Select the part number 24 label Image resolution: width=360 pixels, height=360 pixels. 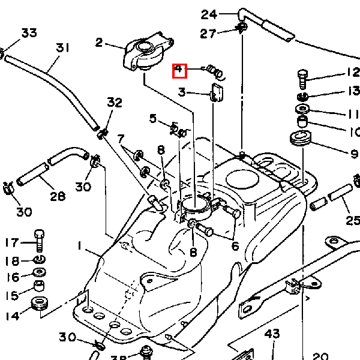(208, 14)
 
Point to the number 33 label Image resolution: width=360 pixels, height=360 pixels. (29, 32)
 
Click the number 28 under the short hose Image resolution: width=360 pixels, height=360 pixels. (58, 197)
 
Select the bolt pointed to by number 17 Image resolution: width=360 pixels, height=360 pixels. (40, 241)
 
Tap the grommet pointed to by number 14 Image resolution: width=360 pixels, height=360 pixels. (40, 304)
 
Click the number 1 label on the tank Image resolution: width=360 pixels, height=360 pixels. (79, 245)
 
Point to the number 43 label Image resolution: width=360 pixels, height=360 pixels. (272, 334)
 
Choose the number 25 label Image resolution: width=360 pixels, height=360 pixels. (353, 221)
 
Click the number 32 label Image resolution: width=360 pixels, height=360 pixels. (115, 103)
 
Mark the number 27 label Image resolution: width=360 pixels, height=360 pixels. (208, 34)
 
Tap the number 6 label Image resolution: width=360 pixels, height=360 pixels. (235, 245)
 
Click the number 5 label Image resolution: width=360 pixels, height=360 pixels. (153, 119)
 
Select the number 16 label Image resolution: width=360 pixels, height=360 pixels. (13, 277)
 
